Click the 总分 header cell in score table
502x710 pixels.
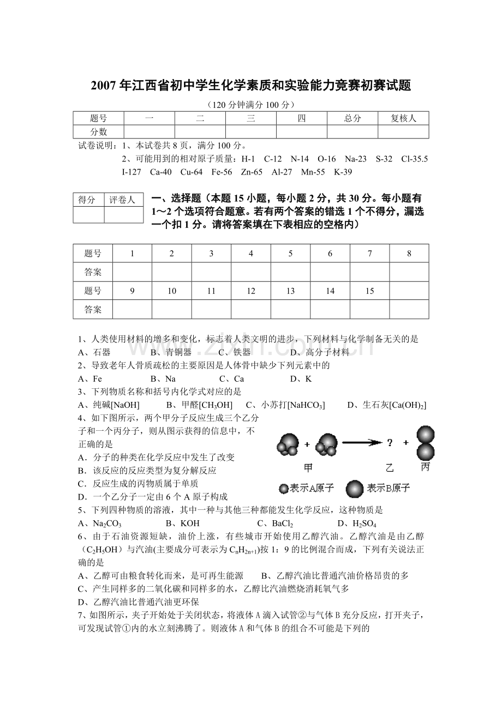coord(352,118)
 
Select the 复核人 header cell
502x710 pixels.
coord(403,118)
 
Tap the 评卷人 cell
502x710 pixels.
coord(122,200)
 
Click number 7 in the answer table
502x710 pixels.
coord(370,254)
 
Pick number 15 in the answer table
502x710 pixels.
coord(370,291)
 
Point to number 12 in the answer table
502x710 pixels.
coord(251,291)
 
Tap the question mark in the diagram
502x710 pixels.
coord(390,443)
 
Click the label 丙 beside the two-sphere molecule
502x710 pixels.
coord(426,467)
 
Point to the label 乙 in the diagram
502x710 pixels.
coord(390,468)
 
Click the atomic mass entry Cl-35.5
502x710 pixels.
coord(414,159)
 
